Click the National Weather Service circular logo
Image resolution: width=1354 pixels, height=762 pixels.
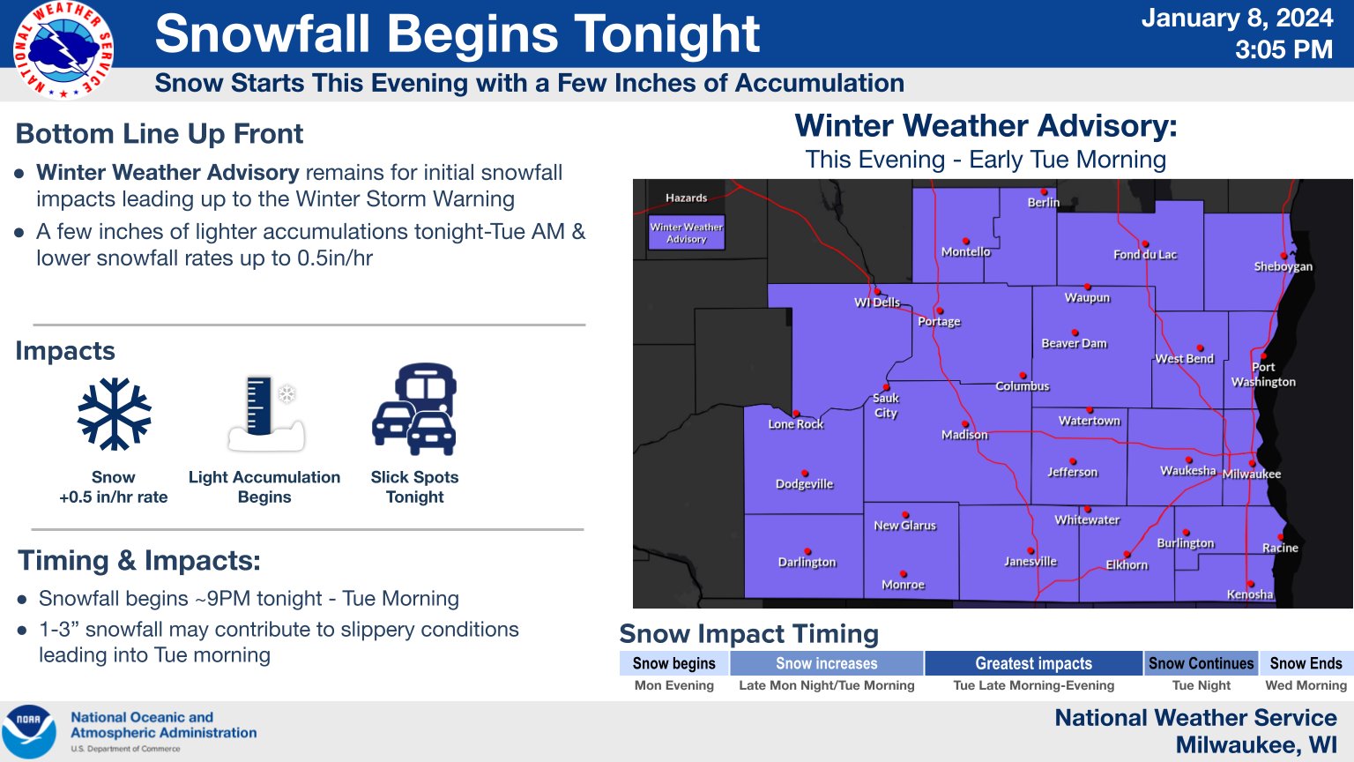coord(63,49)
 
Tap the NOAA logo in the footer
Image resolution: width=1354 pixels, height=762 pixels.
coord(28,731)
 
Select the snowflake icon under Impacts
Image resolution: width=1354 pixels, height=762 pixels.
coord(115,415)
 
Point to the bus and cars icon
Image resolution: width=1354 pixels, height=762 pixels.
coord(414,409)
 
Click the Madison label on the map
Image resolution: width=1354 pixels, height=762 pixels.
coord(964,434)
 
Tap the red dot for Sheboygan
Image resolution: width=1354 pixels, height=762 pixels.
coord(1283,256)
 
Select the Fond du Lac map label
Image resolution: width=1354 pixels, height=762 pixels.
coord(1145,255)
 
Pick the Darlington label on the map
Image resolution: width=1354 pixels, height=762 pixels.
coord(807,562)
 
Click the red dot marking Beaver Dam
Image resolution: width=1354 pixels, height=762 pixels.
coord(1075,332)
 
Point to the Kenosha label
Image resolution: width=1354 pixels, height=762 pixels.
coord(1249,594)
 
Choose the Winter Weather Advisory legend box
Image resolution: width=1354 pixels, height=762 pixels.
coord(686,233)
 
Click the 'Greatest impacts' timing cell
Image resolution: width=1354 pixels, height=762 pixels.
coord(1034,663)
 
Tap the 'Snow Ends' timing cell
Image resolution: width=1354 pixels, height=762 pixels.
coord(1306,663)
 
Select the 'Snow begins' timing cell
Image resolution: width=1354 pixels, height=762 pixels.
coord(674,663)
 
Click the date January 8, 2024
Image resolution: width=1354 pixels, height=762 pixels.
coord(1237,18)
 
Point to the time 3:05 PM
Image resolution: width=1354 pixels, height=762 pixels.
coord(1283,49)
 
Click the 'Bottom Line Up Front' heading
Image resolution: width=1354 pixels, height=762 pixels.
coord(159,134)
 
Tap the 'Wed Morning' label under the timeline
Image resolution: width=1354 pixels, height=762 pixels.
coord(1306,685)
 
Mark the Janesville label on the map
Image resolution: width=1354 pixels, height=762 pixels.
coord(1030,561)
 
